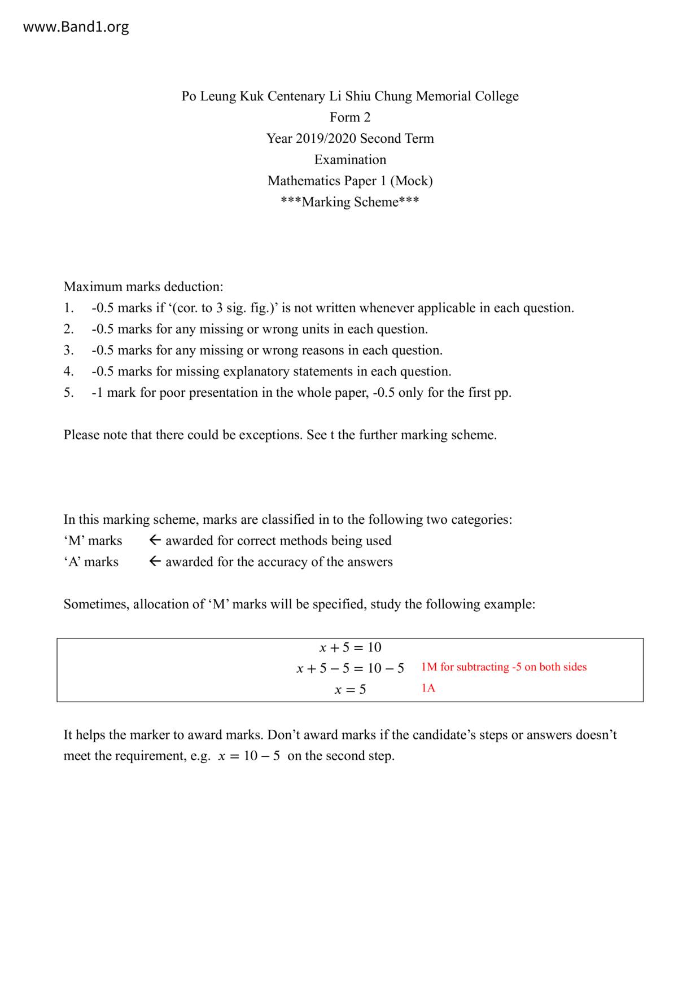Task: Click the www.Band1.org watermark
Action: tap(76, 27)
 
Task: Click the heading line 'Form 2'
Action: tap(350, 117)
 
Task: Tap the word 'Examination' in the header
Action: tap(350, 160)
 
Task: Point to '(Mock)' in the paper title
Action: tap(411, 181)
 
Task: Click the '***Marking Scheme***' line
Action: tap(350, 202)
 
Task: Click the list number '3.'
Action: tap(68, 351)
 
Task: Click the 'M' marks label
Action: tap(93, 541)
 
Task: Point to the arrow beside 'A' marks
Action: tap(155, 562)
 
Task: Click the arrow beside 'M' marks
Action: tap(155, 541)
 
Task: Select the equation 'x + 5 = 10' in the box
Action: tap(350, 647)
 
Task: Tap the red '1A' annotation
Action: tap(428, 689)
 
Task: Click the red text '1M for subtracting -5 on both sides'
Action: tap(504, 667)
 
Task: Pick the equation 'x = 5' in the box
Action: tap(350, 690)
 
